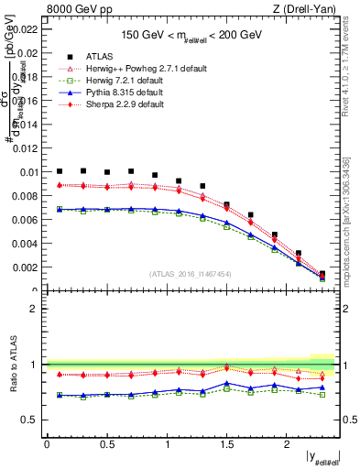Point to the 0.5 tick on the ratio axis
(x=31, y=420)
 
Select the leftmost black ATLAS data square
(x=60, y=171)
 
